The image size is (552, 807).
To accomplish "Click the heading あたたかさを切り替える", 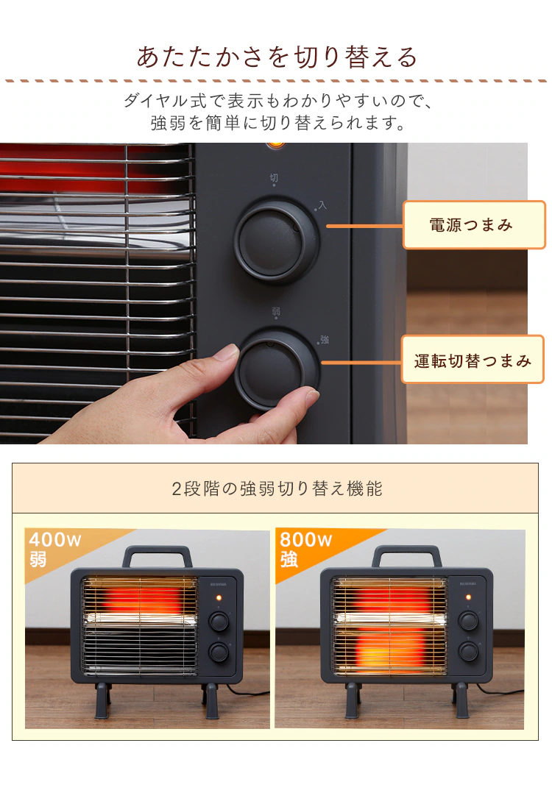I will [276, 57].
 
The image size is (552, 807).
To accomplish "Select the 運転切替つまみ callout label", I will [473, 360].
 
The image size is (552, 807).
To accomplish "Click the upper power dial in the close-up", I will [276, 240].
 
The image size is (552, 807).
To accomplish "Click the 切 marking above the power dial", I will [274, 177].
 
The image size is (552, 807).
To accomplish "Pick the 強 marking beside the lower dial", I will [324, 339].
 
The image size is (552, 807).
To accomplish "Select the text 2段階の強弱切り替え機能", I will [277, 488].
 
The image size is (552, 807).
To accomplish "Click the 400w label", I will [55, 541].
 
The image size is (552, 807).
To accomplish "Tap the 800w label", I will [305, 541].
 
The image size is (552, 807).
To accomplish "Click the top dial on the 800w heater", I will [468, 621].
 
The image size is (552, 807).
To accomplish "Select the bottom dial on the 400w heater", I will [218, 652].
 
